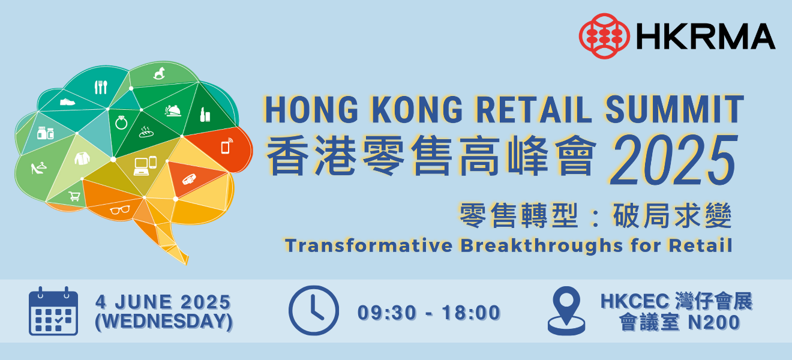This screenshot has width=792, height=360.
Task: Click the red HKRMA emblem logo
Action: tap(604, 36)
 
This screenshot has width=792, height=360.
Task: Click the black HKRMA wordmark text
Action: tap(706, 37)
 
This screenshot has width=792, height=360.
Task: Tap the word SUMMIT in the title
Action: tap(674, 109)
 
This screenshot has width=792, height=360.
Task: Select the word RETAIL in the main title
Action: tap(534, 109)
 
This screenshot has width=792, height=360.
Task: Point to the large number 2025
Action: tap(674, 160)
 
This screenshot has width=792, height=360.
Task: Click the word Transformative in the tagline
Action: tap(369, 245)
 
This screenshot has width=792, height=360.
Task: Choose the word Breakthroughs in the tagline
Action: tap(541, 246)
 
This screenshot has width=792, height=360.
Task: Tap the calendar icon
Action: tap(53, 311)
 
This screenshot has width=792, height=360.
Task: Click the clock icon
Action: tap(314, 310)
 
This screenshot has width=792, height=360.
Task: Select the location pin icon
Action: tap(566, 310)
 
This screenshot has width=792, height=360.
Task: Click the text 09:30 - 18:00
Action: tap(429, 313)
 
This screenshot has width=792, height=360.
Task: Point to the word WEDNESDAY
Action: tap(164, 322)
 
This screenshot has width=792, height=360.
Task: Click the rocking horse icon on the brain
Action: tap(159, 74)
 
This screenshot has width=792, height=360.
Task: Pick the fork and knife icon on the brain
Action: tap(101, 87)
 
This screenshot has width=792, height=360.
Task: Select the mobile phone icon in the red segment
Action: tap(227, 146)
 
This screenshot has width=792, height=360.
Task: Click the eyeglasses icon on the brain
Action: tap(120, 211)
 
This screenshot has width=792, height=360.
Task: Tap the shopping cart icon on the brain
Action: tap(74, 196)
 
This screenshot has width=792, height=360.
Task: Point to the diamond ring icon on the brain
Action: tap(121, 123)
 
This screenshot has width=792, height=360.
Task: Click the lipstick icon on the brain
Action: tap(205, 115)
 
